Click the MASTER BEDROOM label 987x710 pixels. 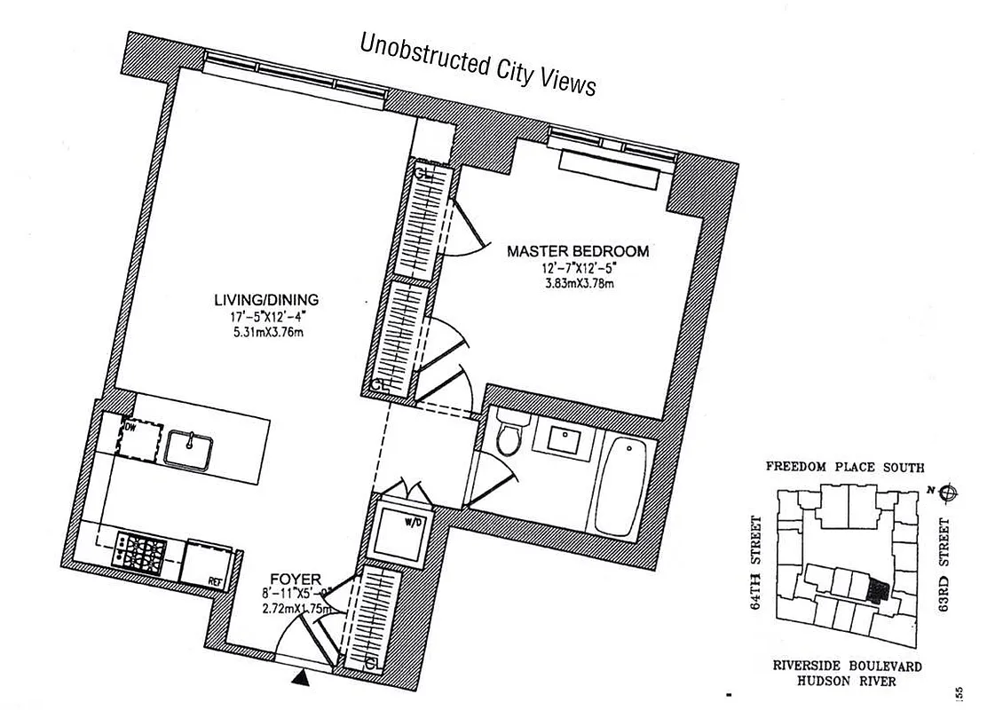(578, 251)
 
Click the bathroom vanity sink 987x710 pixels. (565, 439)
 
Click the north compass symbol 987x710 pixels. (947, 490)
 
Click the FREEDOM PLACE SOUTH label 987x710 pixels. (845, 467)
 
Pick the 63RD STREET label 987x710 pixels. (946, 564)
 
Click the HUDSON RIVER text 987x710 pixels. (845, 682)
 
